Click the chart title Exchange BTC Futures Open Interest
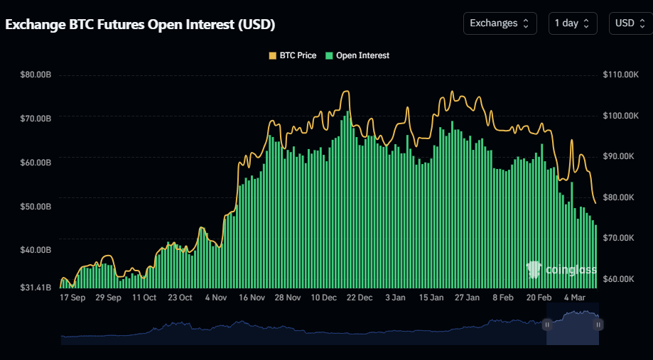140,24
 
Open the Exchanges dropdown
499,23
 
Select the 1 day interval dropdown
572,23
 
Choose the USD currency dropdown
630,23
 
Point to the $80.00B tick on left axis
36,75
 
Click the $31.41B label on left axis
36,288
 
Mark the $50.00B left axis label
36,207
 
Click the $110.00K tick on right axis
622,75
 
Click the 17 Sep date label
72,298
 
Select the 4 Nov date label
215,298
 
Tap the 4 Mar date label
574,298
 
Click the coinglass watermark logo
561,269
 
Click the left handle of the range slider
547,324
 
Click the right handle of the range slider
599,324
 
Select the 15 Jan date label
431,298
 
